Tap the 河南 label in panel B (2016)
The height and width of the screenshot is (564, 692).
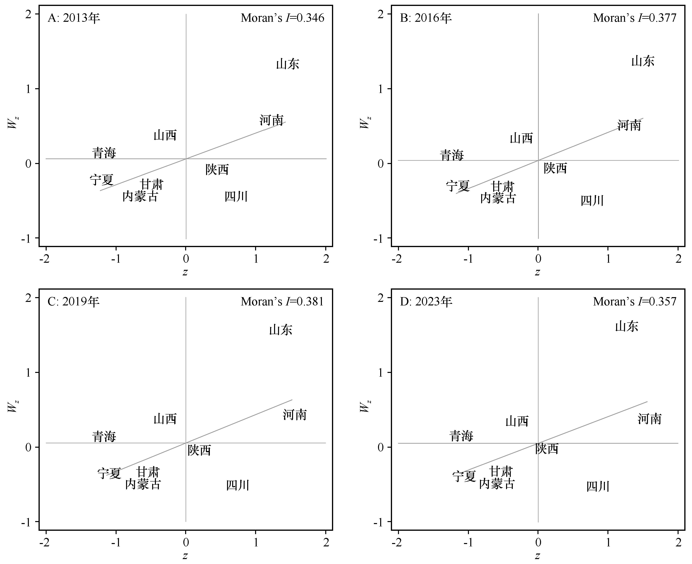coord(629,125)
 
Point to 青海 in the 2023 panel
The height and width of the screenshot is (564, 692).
coord(461,436)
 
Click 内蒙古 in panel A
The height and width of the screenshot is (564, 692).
coord(140,196)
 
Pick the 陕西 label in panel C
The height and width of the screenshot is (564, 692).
coord(199,450)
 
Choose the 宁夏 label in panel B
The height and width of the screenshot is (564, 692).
coord(457,186)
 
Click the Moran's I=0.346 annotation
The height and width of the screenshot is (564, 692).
coord(282,18)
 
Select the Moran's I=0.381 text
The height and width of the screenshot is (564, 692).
coord(282,301)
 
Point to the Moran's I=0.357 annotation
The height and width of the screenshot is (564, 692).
coord(634,301)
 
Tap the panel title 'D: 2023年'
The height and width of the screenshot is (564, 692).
coord(426,301)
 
